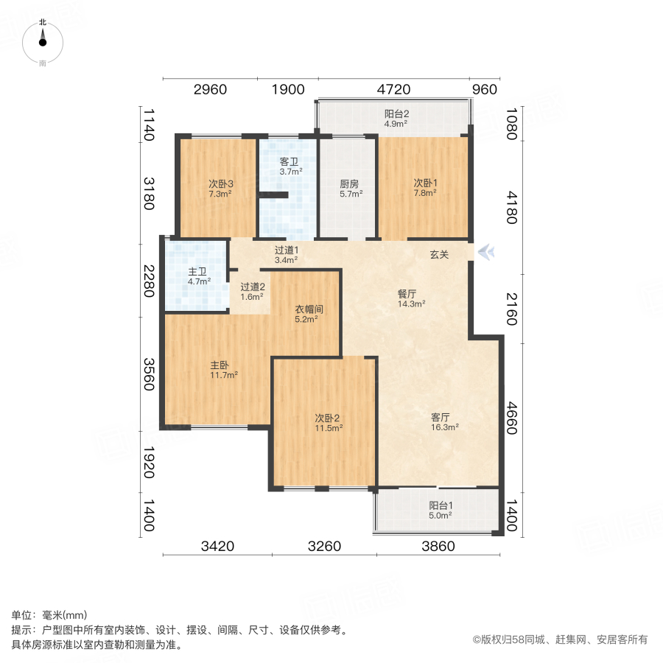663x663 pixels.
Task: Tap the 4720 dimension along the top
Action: (x=393, y=90)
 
